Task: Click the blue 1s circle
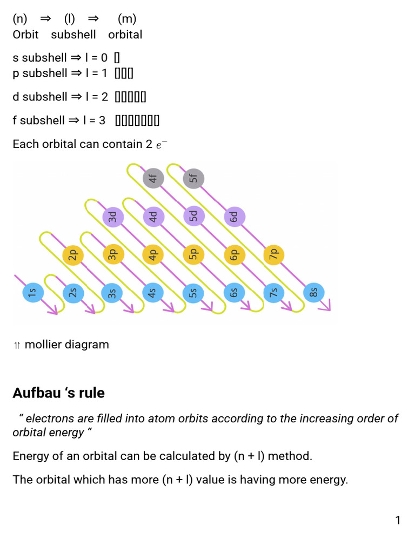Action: coord(32,293)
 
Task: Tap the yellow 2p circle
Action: coord(72,254)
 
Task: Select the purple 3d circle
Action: coord(112,217)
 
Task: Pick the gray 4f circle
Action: coord(153,178)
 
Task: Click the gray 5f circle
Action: coord(193,178)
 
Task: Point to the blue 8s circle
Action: coord(314,293)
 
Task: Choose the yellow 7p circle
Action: coord(273,254)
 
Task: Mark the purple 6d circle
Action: coord(233,217)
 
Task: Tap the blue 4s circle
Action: coord(153,293)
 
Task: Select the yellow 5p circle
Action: coord(193,254)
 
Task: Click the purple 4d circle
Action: coord(153,217)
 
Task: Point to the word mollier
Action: coord(45,345)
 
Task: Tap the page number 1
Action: coord(398,521)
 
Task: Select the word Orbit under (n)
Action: coord(25,35)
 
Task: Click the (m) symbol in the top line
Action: coord(127,19)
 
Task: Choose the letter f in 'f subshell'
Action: coord(15,120)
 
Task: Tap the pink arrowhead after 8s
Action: coord(325,307)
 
